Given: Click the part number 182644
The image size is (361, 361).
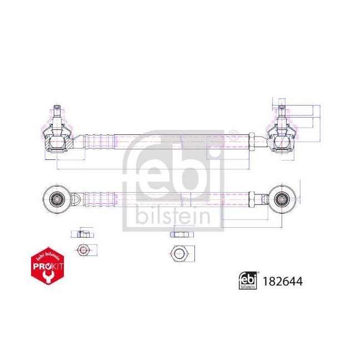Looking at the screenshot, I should pyautogui.click(x=283, y=282).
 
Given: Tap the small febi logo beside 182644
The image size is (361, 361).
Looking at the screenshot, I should pyautogui.click(x=248, y=282).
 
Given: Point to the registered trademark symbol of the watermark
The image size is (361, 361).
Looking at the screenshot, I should pyautogui.click(x=233, y=133).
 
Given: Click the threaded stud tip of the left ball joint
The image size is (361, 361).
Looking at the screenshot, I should pyautogui.click(x=57, y=106).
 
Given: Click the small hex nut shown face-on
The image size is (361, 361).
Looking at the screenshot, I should pyautogui.click(x=83, y=250).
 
